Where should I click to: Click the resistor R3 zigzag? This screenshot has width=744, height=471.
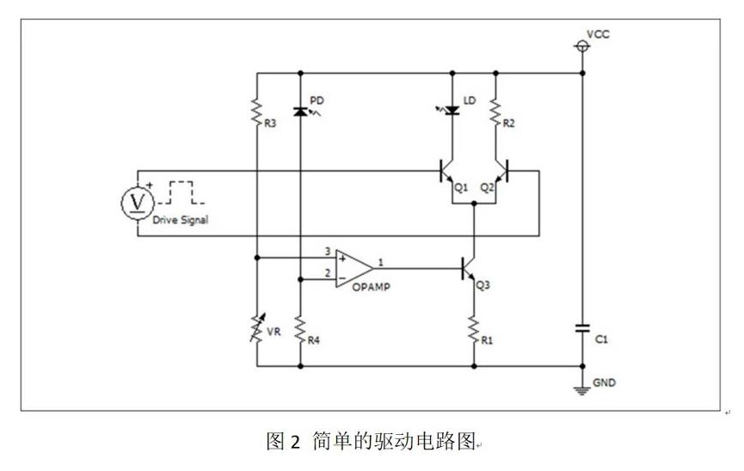coord(257,111)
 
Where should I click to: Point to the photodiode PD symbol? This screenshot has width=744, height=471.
coord(300,111)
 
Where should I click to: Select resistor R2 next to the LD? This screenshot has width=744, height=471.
coord(496,111)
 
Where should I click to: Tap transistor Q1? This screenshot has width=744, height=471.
coord(448,172)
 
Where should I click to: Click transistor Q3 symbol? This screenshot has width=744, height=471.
coord(469,268)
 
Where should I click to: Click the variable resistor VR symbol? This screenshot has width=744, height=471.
coord(257,329)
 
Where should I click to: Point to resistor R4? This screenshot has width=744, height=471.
coord(300,329)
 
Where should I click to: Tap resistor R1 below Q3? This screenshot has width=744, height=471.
coord(475,329)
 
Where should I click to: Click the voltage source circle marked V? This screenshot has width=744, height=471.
coord(135,201)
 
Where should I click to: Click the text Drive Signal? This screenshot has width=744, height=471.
coord(180,221)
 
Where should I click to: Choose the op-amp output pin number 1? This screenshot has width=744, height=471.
coord(381,260)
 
